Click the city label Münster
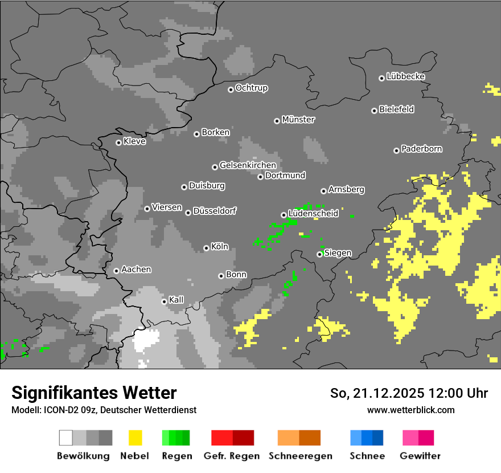[298, 120]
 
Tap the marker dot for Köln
[206, 248]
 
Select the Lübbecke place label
[405, 76]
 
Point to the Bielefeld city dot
[374, 111]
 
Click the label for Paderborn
[421, 149]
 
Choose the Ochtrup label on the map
[251, 88]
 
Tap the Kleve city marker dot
[118, 142]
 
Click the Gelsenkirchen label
[248, 165]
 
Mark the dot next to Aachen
[116, 271]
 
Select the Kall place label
[176, 299]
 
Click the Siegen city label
[338, 252]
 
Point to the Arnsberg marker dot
[323, 191]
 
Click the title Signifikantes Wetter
[94, 393]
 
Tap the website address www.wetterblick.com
[410, 410]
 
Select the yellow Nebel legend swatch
[135, 438]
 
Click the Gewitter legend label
[420, 456]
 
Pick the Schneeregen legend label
[300, 456]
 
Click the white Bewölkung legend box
[66, 438]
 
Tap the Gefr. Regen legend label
[231, 456]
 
